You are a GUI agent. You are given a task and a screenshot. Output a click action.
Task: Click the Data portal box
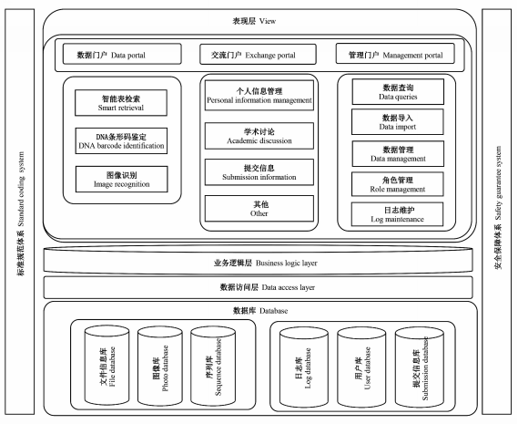coord(122,54)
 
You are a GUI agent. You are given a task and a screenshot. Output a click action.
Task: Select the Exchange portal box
coord(258,55)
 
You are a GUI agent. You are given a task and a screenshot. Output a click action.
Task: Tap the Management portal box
coord(395,54)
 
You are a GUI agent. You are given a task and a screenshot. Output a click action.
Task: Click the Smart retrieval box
coord(121,103)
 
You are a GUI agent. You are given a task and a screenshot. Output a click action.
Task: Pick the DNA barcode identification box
coord(121,141)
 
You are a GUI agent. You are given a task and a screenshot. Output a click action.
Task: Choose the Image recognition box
coord(122,179)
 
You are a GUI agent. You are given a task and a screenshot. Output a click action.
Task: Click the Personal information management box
coord(259,96)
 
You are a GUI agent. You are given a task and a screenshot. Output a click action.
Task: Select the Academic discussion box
coord(259,136)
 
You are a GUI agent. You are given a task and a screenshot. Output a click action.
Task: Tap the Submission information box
coord(259,172)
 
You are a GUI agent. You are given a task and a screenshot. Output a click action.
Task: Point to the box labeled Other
coord(259,209)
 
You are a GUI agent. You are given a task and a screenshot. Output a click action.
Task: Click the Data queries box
coord(398,92)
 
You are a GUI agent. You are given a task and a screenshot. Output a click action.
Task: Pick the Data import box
coord(398,122)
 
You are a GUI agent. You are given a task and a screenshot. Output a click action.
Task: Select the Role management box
coord(398,184)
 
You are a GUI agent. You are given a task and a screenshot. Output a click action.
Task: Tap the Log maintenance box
coord(398,214)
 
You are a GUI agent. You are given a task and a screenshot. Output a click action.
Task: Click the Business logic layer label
coord(265,264)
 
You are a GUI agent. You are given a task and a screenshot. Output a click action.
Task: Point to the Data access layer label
coord(268,287)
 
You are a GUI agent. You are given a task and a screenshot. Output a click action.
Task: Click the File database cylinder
coord(107,366)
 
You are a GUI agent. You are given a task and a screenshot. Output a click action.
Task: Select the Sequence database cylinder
coord(213,366)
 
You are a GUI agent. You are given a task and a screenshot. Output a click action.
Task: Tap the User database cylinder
coord(361,367)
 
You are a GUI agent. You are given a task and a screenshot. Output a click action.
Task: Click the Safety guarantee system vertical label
coord(498,208)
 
